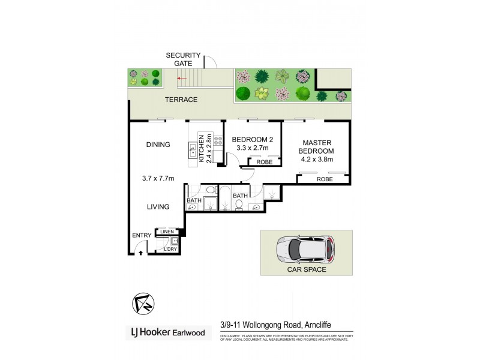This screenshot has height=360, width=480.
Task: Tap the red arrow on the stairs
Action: click(182, 78)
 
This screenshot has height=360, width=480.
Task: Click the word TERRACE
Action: click(181, 100)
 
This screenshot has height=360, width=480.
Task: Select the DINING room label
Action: click(158, 145)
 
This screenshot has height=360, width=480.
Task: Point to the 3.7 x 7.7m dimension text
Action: click(158, 178)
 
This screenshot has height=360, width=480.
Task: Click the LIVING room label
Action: click(158, 207)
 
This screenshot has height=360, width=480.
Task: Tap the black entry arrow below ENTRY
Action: click(141, 253)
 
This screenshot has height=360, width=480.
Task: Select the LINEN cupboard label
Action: click(167, 232)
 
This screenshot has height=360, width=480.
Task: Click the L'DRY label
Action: click(172, 248)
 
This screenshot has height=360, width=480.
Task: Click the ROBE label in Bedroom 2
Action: click(265, 162)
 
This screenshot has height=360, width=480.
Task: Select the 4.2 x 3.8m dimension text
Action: click(316, 160)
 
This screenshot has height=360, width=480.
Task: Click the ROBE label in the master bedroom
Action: click(325, 179)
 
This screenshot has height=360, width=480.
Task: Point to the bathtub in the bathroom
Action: click(226, 200)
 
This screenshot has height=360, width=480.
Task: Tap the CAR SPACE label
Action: click(306, 270)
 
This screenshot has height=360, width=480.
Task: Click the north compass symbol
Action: click(143, 304)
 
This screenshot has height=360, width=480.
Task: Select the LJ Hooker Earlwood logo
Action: click(168, 332)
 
